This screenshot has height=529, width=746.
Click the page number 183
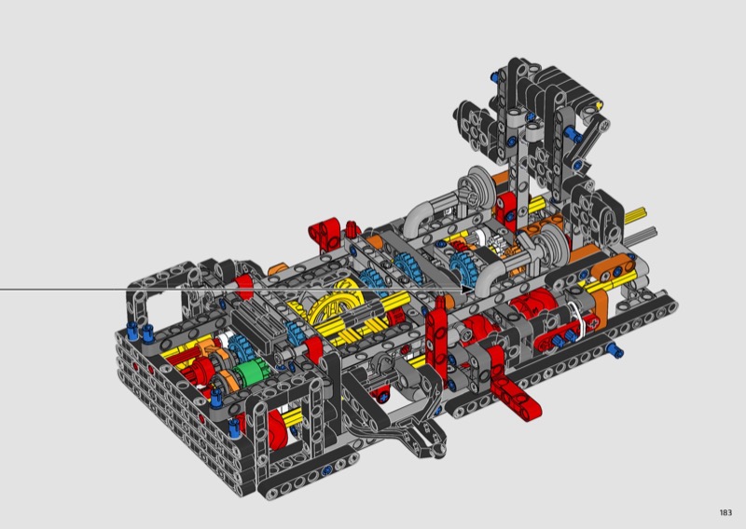[x=725, y=512]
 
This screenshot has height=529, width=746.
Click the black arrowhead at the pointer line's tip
[x=468, y=289]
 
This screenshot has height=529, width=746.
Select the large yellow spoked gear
[x=336, y=305]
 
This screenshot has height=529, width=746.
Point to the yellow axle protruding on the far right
[x=635, y=215]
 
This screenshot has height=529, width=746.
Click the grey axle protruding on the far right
[x=643, y=235]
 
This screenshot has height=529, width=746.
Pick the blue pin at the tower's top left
[x=495, y=75]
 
